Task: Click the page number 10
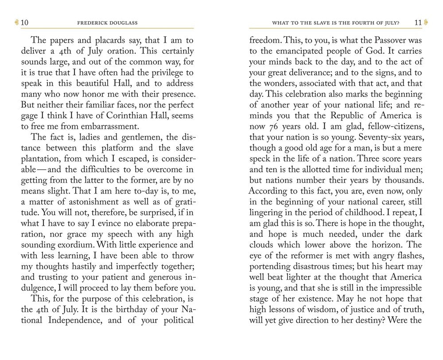[x=25, y=23]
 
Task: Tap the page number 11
[x=418, y=23]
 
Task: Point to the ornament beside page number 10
[x=17, y=23]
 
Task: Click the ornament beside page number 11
[x=426, y=23]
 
